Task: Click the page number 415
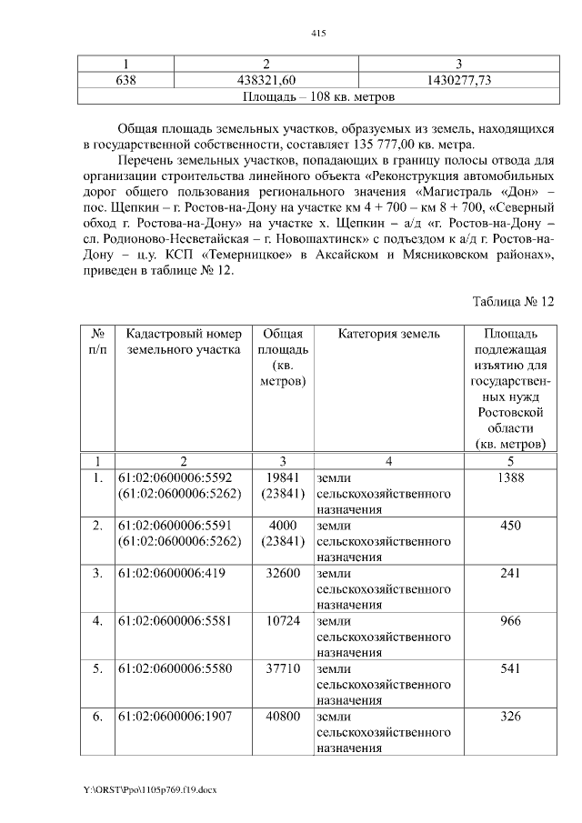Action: [317, 34]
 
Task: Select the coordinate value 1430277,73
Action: [459, 81]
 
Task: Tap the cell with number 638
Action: [123, 81]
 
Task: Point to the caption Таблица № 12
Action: [513, 301]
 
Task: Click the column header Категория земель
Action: [388, 335]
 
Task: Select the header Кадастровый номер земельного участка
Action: [185, 342]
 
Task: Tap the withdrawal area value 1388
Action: [510, 477]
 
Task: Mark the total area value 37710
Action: [280, 669]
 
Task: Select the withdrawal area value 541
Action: [510, 669]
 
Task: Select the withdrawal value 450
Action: [510, 526]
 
